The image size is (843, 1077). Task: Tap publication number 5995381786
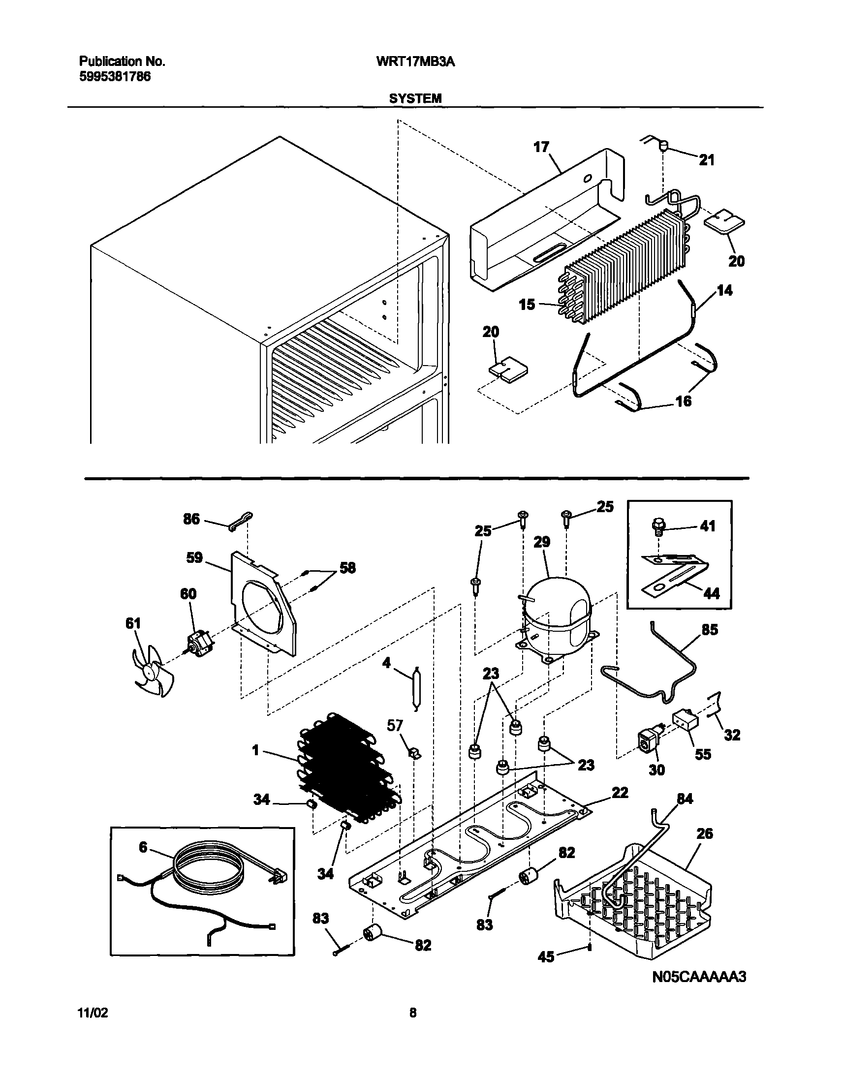(115, 77)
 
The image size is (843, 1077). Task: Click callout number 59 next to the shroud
(194, 557)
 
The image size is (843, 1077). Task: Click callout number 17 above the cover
(541, 147)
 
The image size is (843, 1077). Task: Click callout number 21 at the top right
(707, 160)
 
